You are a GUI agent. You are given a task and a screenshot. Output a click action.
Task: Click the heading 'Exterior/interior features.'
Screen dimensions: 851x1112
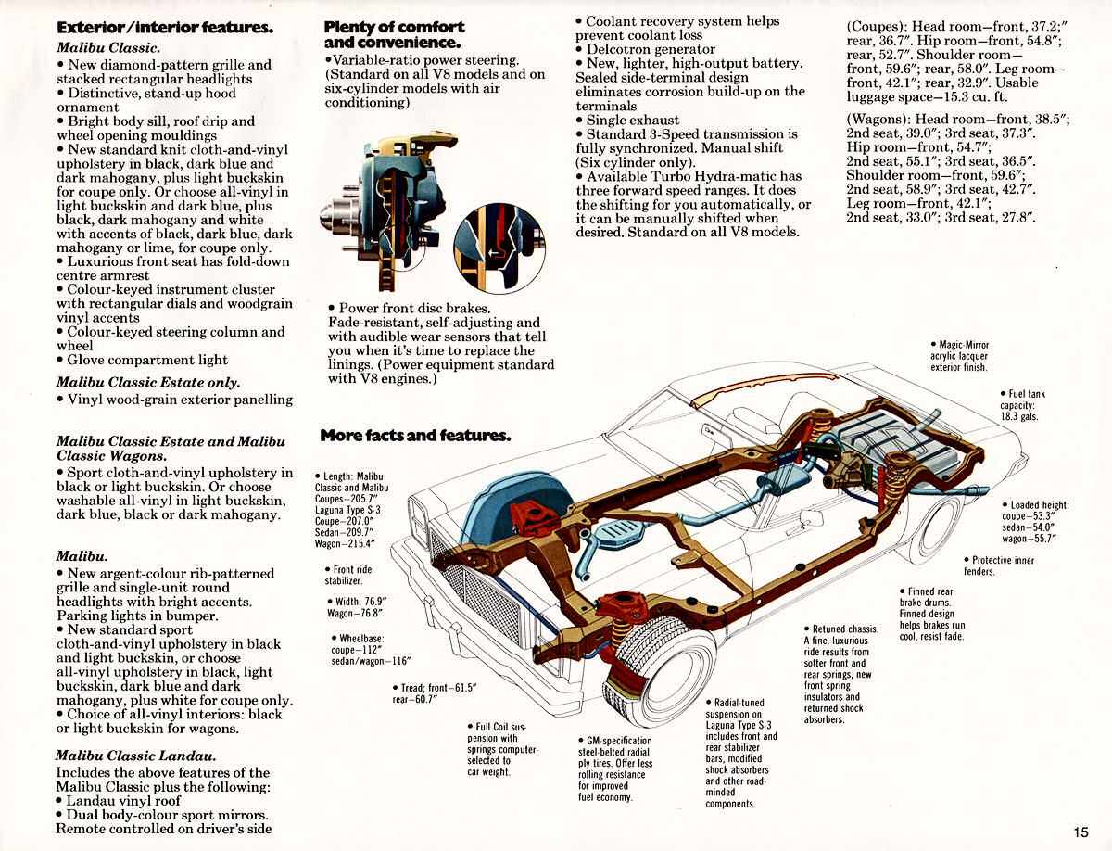[x=165, y=28]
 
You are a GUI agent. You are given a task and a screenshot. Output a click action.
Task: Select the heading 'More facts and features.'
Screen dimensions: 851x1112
[x=414, y=435]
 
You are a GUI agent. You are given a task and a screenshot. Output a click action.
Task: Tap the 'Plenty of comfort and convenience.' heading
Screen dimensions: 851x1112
[x=394, y=35]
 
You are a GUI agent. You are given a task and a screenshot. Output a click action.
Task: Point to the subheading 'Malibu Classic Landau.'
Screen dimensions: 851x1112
[x=136, y=756]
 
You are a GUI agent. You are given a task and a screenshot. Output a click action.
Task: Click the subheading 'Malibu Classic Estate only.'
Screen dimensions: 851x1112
[x=148, y=382]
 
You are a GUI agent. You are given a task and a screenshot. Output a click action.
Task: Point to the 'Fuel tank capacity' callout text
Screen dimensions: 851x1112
[x=1022, y=406]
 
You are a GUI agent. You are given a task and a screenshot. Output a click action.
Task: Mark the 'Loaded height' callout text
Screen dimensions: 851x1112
[x=1035, y=522]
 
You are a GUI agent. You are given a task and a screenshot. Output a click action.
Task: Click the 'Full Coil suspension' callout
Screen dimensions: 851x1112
[x=502, y=749]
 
